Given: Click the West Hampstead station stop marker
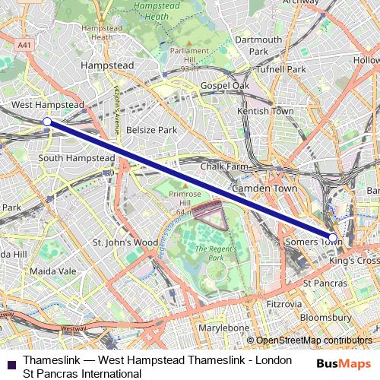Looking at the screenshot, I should coord(47,121).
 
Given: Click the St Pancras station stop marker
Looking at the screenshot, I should coord(332,237).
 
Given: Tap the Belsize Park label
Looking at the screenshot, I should coord(151,130).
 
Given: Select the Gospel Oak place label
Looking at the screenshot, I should coord(225,86).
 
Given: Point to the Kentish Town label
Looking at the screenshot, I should coord(265,111).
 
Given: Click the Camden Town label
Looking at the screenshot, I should coord(265,188).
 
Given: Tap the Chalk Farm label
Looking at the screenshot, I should coord(224,166).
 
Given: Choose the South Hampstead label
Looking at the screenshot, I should coord(76,157).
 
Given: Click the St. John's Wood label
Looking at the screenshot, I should coord(125,242).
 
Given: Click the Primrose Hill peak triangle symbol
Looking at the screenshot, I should coord(182,184).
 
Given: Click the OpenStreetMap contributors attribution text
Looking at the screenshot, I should coord(311,340).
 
